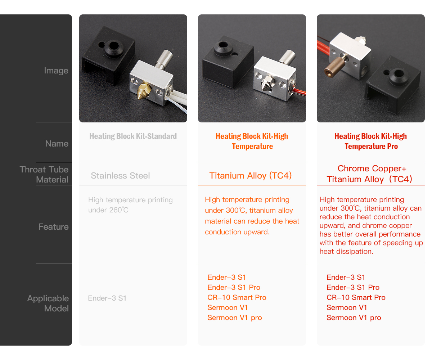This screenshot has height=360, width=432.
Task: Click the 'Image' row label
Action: click(x=56, y=71)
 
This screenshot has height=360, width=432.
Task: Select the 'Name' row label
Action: click(x=57, y=144)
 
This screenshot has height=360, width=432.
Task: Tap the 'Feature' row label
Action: click(x=53, y=227)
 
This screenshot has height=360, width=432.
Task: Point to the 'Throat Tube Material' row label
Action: click(x=44, y=175)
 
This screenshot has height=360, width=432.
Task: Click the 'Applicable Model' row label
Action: click(x=48, y=303)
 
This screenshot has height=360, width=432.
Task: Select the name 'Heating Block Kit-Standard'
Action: click(x=133, y=136)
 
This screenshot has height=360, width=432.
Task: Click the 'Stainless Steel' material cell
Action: click(x=120, y=176)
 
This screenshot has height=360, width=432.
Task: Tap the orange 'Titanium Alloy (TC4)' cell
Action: click(x=251, y=176)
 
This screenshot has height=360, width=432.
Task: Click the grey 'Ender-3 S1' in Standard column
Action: click(x=107, y=298)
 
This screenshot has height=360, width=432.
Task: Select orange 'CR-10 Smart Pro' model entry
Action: click(x=237, y=298)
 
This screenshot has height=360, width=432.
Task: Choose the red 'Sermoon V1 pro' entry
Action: click(x=354, y=318)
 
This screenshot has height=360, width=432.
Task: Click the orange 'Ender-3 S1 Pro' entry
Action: click(x=234, y=288)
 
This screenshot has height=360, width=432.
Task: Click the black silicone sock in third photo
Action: click(x=392, y=85)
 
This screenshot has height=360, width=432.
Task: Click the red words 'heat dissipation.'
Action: click(x=346, y=252)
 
